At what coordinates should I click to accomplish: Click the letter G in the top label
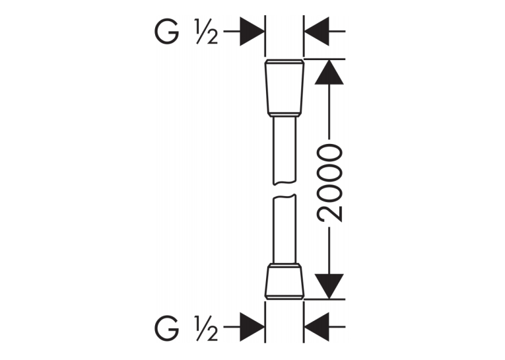[x=166, y=32]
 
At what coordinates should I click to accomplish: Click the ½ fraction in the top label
[x=206, y=32]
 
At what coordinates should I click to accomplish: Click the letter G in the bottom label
[x=166, y=328]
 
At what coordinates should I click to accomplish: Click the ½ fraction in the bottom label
[x=206, y=328]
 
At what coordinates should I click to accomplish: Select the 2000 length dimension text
[x=329, y=184]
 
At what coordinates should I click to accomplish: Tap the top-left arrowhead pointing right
[x=252, y=32]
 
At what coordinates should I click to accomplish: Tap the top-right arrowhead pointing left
[x=317, y=32]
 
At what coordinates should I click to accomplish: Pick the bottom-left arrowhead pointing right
[x=252, y=326]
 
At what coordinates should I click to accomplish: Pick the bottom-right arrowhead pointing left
[x=317, y=326]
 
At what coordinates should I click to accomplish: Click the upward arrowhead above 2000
[x=329, y=72]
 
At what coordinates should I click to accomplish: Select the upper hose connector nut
[x=285, y=88]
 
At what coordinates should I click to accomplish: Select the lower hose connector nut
[x=285, y=281]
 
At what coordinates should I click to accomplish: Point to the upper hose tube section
[x=285, y=151]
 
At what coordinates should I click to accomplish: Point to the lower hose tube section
[x=285, y=229]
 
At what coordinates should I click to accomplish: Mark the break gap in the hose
[x=285, y=190]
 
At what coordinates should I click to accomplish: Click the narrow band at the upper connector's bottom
[x=285, y=114]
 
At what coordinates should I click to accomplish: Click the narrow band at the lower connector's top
[x=285, y=266]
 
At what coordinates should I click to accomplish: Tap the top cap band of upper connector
[x=285, y=61]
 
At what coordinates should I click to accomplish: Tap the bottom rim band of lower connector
[x=285, y=297]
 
